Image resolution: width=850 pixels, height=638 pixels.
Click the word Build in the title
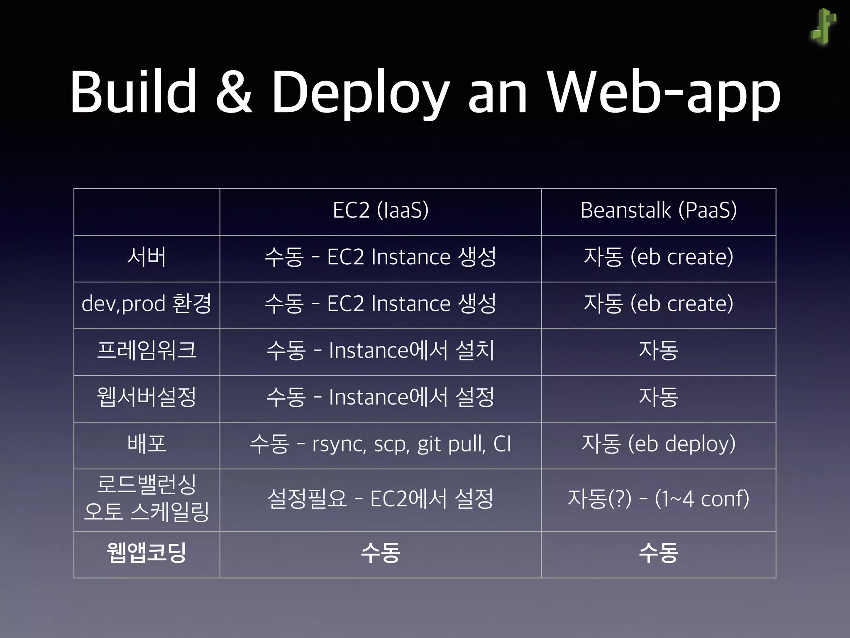pos(133,92)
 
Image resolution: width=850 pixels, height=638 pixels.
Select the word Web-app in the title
pos(664,93)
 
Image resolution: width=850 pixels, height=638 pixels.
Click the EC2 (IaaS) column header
pos(380,210)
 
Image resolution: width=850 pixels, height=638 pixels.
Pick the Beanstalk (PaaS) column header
pos(658,210)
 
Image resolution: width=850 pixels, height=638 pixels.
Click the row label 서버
pos(147,257)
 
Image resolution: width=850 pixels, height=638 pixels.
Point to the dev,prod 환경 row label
pos(147,304)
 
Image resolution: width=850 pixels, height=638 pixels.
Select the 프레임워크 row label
pos(147,351)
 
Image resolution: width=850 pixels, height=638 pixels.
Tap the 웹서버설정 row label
pos(147,397)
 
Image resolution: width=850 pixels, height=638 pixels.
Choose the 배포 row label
pos(147,444)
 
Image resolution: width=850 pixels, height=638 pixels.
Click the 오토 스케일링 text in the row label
pos(147,512)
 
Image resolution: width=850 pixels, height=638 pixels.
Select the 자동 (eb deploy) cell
pos(658,444)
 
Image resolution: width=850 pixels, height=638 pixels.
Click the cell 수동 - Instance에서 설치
pos(380,351)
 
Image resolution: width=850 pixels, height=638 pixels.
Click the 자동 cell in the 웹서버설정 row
pos(658,397)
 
